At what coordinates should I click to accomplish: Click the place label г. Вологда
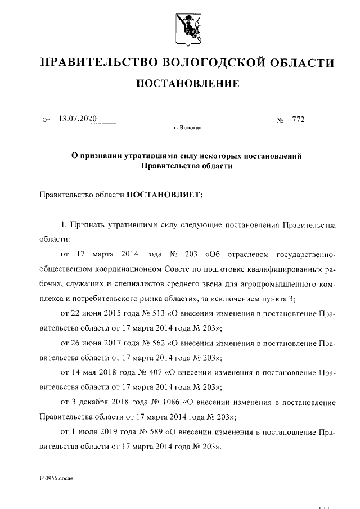[187, 128]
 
